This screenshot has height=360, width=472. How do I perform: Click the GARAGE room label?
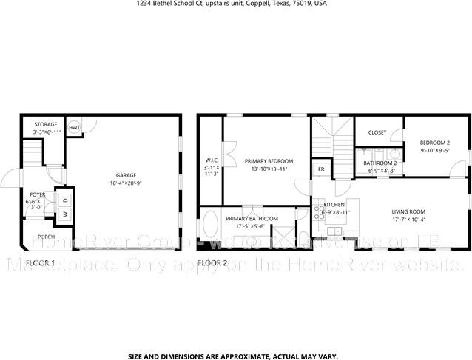[126, 175]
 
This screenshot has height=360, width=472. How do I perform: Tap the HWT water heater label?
[74, 128]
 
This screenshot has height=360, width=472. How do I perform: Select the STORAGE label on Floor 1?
[45, 124]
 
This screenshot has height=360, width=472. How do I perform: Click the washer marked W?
[64, 214]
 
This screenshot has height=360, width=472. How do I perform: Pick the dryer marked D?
[64, 200]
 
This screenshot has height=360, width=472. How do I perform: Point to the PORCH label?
[46, 237]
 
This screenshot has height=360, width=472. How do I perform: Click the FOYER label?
[37, 195]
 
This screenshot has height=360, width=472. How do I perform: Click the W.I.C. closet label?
[211, 161]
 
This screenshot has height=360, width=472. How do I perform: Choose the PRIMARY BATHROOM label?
[252, 219]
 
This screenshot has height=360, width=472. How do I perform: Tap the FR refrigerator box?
[321, 169]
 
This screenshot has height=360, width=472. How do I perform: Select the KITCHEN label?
[334, 204]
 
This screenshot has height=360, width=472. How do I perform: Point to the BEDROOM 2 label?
[434, 142]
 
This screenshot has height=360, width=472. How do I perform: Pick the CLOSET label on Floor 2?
[377, 133]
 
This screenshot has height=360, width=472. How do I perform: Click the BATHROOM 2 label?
[380, 163]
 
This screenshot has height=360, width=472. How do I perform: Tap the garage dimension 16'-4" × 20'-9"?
[126, 183]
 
